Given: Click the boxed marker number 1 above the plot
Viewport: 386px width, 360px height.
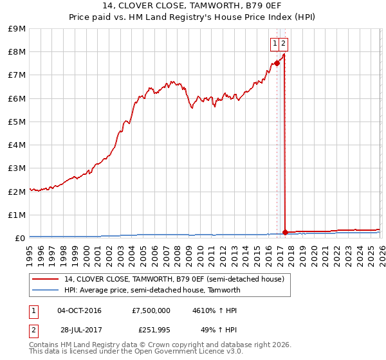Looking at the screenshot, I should point(275,44).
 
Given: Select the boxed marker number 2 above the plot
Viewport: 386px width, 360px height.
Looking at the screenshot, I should point(283,44).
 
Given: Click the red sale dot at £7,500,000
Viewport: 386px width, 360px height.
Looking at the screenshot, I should point(277,63).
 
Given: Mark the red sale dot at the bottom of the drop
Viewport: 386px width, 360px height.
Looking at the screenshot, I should point(285,232).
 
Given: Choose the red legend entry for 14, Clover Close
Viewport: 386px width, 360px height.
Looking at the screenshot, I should point(174,280).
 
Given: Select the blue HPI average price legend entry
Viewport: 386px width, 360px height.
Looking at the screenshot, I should point(152,290).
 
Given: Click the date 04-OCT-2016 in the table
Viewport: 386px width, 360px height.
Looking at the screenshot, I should point(79,310).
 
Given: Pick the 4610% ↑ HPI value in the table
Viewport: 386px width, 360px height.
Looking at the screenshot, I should point(214,310).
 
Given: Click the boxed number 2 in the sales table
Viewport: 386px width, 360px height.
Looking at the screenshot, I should point(33,330).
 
